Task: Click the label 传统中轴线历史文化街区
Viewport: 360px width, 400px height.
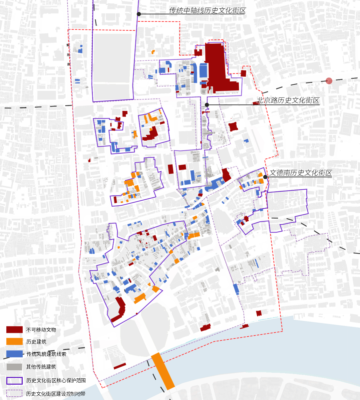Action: tap(207, 11)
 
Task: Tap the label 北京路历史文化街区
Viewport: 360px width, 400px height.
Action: tap(288, 101)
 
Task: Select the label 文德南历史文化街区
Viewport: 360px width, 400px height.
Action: tap(301, 173)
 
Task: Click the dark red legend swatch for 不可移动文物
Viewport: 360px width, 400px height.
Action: tap(14, 330)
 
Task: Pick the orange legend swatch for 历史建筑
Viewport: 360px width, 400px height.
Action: tap(14, 342)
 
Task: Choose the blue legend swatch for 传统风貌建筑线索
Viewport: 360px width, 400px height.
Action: tap(14, 354)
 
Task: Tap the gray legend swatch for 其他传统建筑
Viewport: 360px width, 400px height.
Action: tap(14, 367)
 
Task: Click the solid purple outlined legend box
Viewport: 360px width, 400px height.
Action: tap(14, 381)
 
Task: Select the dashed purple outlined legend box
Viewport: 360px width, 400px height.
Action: tap(14, 394)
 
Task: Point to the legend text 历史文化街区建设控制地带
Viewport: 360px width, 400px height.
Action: tap(56, 394)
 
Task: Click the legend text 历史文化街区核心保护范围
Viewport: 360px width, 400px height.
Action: tap(56, 381)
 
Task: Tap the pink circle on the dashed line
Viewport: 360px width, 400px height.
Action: tap(329, 81)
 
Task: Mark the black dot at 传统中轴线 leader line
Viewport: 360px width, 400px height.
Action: tap(139, 14)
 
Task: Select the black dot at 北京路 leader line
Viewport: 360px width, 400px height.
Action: tap(207, 105)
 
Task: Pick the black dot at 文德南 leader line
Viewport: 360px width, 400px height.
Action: tap(265, 177)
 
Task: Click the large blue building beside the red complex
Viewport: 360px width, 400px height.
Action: tap(203, 70)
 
